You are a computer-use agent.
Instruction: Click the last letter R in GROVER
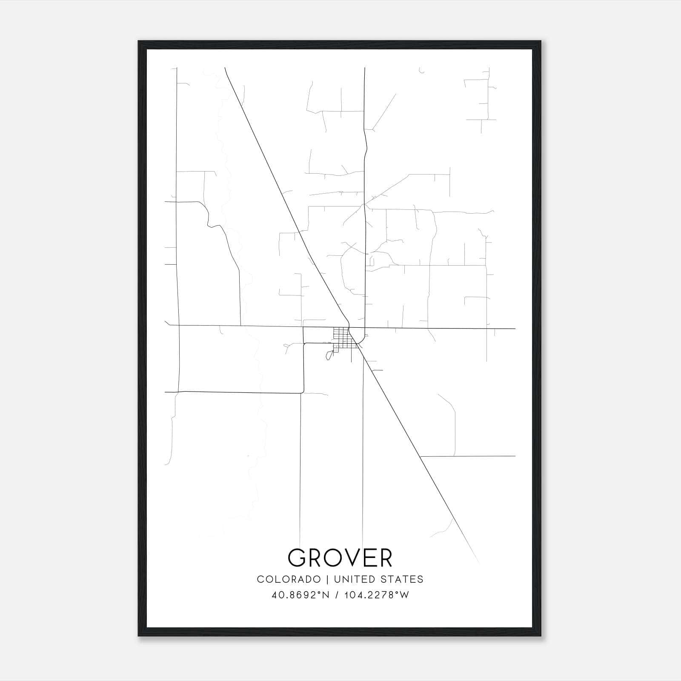[384, 558]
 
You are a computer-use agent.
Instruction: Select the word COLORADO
[289, 579]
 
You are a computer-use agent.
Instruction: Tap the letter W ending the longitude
[405, 595]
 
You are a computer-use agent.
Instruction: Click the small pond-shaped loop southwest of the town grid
[329, 355]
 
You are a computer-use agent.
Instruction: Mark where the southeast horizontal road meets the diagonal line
[420, 457]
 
